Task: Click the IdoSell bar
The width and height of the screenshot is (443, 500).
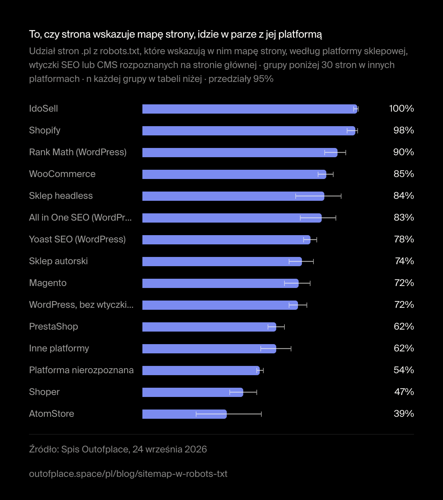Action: (x=250, y=109)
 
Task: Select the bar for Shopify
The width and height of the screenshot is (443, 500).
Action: (x=249, y=131)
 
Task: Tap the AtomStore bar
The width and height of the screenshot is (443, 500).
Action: (x=185, y=414)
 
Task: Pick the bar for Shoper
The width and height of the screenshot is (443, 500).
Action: (x=193, y=392)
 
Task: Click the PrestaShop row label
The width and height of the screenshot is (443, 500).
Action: (x=53, y=327)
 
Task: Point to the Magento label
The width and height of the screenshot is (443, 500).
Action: (x=48, y=283)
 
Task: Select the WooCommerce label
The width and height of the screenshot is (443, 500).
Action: (x=62, y=174)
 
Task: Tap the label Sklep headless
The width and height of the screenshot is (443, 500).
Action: (x=61, y=196)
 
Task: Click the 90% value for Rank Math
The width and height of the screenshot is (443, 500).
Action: (x=403, y=152)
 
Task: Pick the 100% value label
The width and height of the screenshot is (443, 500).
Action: (x=401, y=109)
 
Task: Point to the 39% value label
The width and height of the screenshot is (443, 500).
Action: (x=404, y=413)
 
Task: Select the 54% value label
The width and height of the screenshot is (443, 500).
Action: (x=404, y=370)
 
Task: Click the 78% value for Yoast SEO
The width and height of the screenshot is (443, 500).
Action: (x=404, y=239)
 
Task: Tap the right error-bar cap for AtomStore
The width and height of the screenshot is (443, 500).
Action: (x=261, y=414)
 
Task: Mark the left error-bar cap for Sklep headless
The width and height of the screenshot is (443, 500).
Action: (x=296, y=196)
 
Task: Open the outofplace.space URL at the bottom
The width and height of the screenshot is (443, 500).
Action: (x=128, y=474)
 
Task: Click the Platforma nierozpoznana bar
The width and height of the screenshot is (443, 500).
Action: (x=201, y=371)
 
